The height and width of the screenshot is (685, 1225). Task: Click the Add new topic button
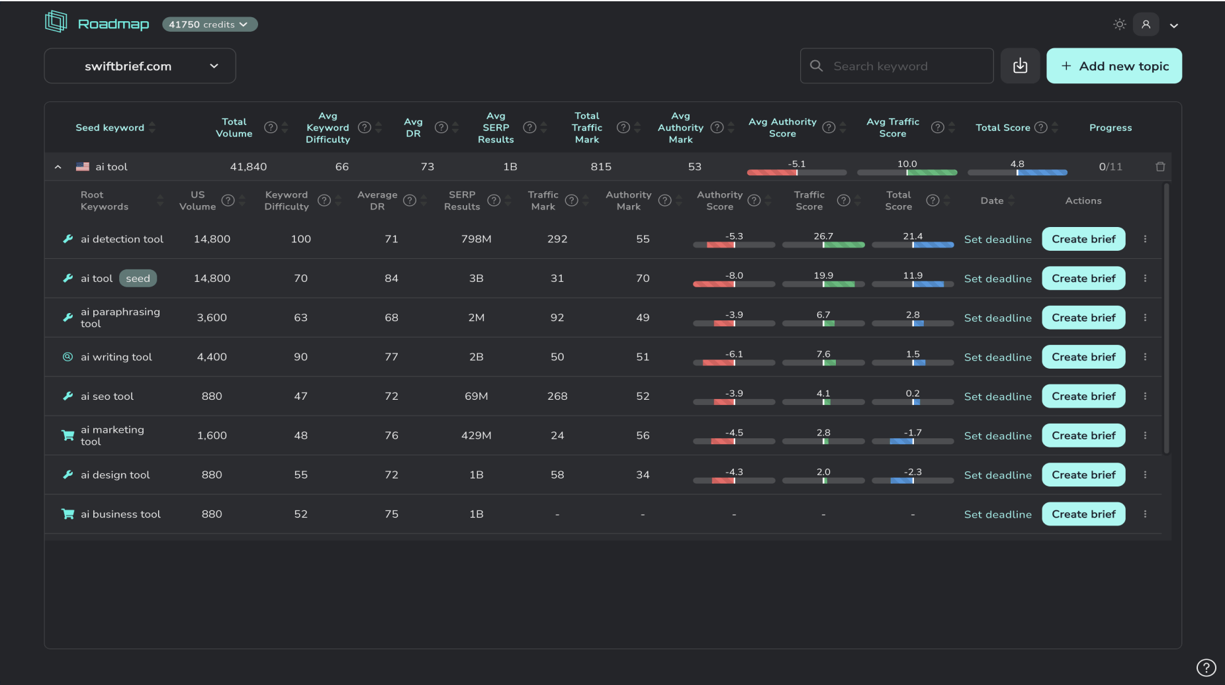pos(1114,66)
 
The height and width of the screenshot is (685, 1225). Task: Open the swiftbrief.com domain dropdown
pos(140,66)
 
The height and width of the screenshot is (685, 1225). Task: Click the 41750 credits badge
pos(209,24)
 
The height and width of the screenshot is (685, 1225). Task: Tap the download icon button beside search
pos(1020,66)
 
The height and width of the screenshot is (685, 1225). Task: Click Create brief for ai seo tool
pos(1083,396)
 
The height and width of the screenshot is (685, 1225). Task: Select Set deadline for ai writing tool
pos(997,357)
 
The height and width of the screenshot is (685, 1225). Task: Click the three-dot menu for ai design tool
pos(1145,475)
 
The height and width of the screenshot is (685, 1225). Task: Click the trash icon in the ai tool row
pos(1160,167)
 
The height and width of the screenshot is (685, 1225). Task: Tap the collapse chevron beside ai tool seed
pos(58,167)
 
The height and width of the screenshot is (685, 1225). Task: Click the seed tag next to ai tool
pos(138,279)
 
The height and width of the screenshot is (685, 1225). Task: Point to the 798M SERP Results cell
pos(476,239)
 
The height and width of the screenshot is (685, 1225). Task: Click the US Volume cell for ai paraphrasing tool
pos(212,318)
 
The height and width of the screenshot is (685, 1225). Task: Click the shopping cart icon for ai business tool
pos(68,514)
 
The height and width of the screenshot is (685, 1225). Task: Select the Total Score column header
pos(1003,128)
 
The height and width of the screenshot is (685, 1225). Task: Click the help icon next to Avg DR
pos(441,128)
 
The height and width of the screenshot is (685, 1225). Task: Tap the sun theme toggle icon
pos(1119,24)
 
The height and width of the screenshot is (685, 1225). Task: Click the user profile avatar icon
pos(1146,24)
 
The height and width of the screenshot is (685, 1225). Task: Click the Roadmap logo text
pos(113,24)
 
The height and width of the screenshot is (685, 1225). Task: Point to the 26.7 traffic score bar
pos(823,245)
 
